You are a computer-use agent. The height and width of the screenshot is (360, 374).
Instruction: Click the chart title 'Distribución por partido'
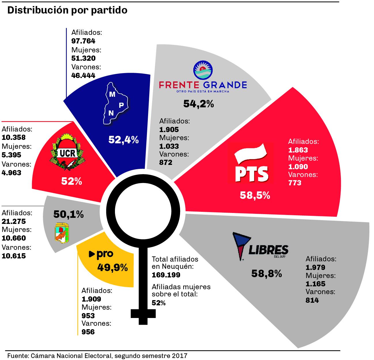click(x=67, y=10)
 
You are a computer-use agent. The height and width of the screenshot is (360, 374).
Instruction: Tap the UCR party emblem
click(x=67, y=153)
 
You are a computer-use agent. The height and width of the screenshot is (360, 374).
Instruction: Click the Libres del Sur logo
click(x=260, y=247)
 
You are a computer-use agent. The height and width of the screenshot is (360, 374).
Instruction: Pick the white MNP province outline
click(x=114, y=104)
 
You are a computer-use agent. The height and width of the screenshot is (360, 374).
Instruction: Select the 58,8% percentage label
click(x=266, y=273)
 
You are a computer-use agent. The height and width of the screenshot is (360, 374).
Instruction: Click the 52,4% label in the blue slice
click(x=124, y=140)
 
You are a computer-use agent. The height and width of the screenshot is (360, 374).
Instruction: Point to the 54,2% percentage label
click(x=199, y=104)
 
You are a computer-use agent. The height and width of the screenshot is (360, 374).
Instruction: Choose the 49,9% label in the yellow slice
click(x=112, y=268)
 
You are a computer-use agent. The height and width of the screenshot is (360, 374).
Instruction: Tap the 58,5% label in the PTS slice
click(x=255, y=195)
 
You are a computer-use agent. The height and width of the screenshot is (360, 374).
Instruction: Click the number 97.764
click(x=83, y=41)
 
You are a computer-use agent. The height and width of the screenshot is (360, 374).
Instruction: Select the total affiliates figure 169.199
click(x=166, y=275)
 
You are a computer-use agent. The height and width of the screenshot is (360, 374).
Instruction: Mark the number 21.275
click(x=14, y=221)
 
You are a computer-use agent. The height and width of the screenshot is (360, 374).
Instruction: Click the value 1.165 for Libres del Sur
click(x=316, y=284)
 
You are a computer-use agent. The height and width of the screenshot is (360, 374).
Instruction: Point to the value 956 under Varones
click(x=88, y=332)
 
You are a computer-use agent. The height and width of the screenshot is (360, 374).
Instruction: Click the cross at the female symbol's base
click(x=143, y=314)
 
